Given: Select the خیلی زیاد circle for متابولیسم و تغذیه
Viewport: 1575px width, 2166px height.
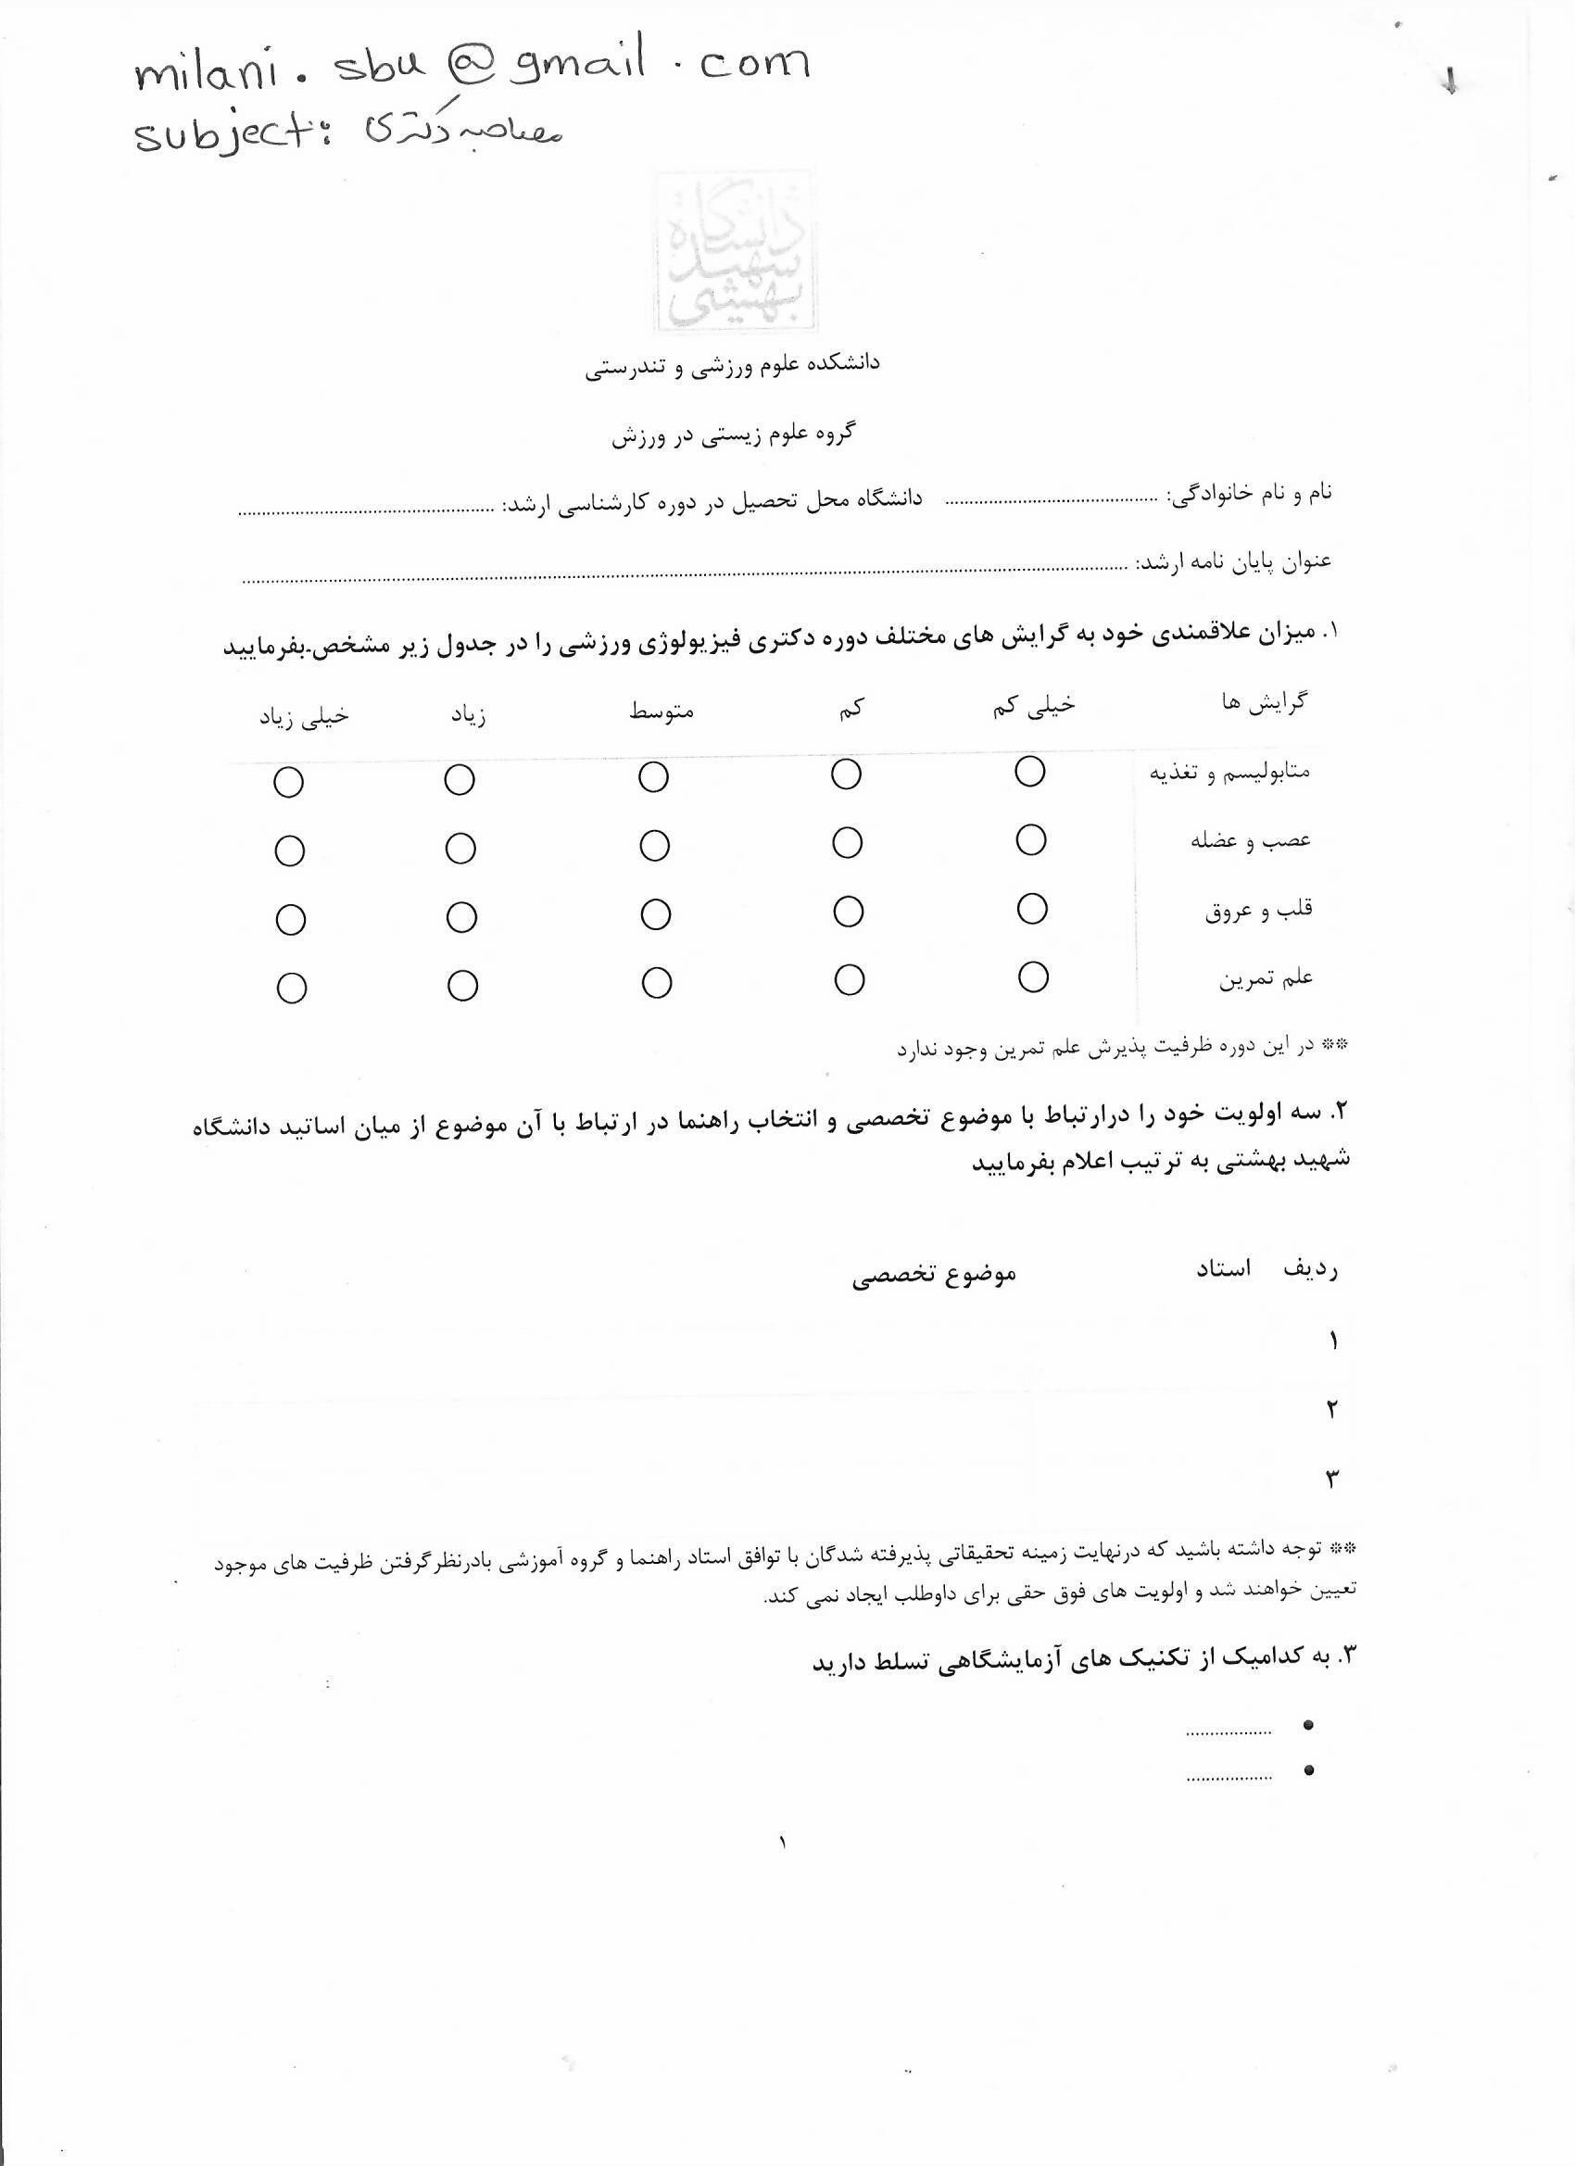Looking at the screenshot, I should tap(288, 782).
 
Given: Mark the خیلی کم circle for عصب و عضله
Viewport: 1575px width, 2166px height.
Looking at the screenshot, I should tap(1030, 839).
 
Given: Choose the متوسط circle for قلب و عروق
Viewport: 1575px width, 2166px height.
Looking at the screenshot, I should tap(655, 915).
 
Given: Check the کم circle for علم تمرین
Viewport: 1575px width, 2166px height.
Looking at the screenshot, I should tap(849, 980).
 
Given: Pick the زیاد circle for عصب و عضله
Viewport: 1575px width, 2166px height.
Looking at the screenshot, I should tap(460, 849).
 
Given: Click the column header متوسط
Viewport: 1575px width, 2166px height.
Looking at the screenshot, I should tap(661, 712).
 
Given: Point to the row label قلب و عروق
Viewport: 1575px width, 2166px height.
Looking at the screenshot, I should tap(1258, 909).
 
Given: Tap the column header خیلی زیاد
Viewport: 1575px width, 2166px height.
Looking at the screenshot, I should tap(304, 716).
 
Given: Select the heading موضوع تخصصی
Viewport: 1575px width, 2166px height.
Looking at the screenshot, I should tap(933, 1275).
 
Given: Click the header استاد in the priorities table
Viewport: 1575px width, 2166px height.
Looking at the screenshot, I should tap(1224, 1269).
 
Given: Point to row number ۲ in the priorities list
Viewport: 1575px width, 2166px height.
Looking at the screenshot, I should tap(1331, 1409).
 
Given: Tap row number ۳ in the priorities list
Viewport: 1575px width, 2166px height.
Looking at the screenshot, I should tap(1331, 1479).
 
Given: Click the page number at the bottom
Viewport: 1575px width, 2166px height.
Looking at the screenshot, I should tap(782, 1843).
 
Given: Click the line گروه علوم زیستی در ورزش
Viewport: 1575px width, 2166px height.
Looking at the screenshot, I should tap(733, 434).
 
